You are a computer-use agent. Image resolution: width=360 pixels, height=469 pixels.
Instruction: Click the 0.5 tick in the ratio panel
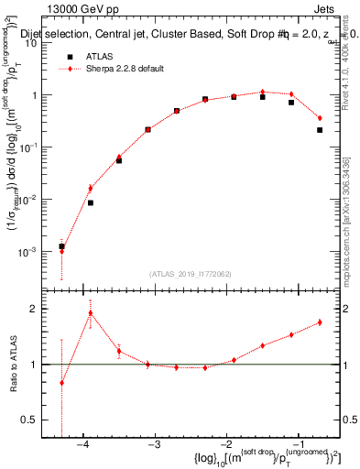tap(37, 419)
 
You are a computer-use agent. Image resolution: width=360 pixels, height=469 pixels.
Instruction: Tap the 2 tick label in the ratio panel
tap(41, 309)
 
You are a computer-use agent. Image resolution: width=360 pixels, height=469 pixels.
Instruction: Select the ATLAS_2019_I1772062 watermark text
tap(189, 274)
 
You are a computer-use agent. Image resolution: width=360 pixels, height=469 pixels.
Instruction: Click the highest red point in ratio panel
tap(90, 312)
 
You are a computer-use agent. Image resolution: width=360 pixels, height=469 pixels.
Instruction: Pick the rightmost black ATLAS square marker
tap(320, 130)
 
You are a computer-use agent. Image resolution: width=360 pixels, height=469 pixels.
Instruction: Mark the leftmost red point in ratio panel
tap(61, 383)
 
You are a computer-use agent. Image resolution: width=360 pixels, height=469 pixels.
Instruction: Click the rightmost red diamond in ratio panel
tap(320, 322)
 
